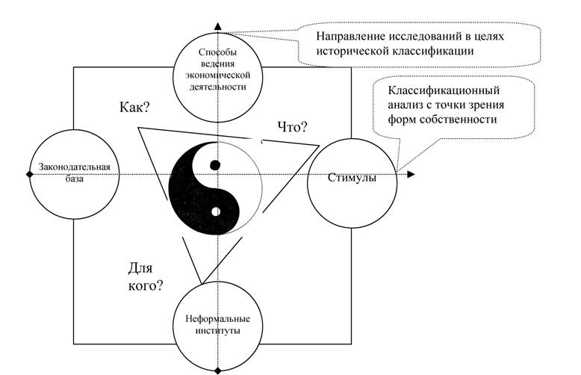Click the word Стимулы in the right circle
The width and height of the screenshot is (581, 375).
(352, 178)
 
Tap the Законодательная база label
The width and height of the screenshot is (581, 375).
(74, 173)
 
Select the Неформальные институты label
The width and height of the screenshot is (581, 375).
(217, 325)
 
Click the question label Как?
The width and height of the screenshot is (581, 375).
(134, 108)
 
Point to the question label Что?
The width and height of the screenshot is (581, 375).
(293, 127)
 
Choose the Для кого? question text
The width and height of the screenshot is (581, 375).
(145, 276)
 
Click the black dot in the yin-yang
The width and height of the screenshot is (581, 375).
(215, 165)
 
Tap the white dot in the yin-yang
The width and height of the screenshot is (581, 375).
(215, 211)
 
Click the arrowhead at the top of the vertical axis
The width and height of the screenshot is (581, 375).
(218, 26)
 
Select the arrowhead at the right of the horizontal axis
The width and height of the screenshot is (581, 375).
(411, 174)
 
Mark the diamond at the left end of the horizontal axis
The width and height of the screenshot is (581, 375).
(30, 174)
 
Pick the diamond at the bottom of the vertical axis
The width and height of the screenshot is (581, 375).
(218, 371)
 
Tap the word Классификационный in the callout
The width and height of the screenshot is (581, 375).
(444, 91)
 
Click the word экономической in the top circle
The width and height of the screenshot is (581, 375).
(218, 75)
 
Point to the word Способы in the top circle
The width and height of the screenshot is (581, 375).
(217, 52)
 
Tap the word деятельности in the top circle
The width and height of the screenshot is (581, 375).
(218, 87)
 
